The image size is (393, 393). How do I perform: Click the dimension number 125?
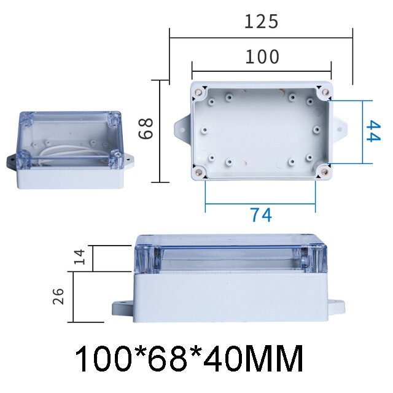tap(262, 21)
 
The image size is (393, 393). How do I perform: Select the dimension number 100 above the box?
tap(262, 57)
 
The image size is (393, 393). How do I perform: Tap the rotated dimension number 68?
tap(145, 130)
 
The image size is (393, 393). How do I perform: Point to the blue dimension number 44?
tap(370, 131)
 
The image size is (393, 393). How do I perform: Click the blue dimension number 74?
tap(260, 215)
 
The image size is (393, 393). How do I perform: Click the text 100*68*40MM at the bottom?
tap(189, 359)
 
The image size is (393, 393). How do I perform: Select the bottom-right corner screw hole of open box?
tap(322, 172)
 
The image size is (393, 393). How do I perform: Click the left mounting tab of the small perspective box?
tap(12, 161)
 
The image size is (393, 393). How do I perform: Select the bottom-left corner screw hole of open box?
tap(199, 172)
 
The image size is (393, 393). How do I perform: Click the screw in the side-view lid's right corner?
tap(316, 257)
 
